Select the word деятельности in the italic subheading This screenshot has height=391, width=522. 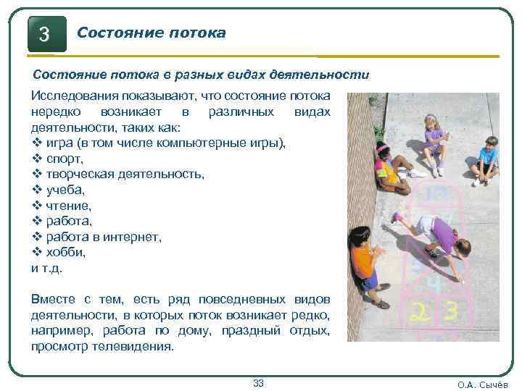pyautogui.click(x=328, y=75)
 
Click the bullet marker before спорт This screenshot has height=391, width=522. pyautogui.click(x=38, y=159)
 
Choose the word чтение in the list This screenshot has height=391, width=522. pyautogui.click(x=70, y=206)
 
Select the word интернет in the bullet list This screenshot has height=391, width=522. pyautogui.click(x=134, y=237)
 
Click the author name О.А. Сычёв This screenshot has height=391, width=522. pyautogui.click(x=483, y=384)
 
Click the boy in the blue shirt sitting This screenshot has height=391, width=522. pyautogui.click(x=484, y=159)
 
